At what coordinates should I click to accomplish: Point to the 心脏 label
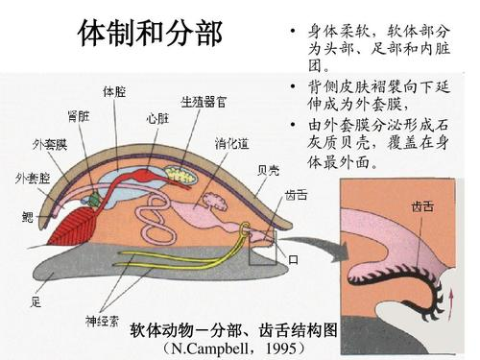coord(158,120)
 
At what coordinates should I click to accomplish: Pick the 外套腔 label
coord(33,179)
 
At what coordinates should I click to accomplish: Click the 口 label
coord(293,259)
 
